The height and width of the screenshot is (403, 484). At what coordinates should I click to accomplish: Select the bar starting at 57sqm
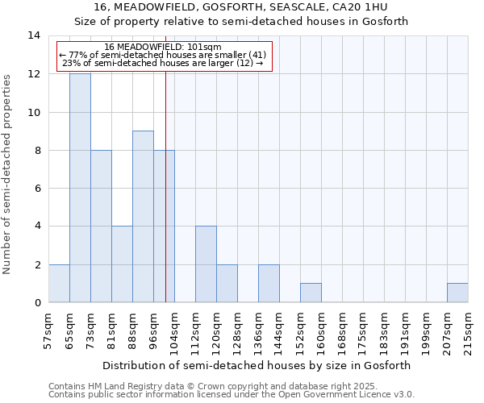tap(59, 283)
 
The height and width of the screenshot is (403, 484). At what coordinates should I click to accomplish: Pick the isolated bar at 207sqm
tap(457, 293)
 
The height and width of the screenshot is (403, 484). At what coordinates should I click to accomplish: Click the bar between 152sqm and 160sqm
tap(311, 293)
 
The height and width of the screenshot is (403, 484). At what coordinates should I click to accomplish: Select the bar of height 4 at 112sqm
tap(206, 264)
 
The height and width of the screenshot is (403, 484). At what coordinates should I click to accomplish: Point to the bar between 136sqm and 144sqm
tap(269, 283)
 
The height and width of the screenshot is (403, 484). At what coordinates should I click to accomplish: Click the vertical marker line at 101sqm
tap(165, 201)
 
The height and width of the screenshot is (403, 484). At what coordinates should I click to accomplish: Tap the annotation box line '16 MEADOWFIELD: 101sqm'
tap(163, 47)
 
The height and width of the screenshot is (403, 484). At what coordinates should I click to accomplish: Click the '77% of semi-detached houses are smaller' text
tap(163, 55)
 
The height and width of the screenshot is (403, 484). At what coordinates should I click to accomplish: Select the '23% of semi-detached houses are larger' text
tap(163, 63)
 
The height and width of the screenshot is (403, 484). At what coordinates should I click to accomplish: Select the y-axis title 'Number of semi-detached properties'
tap(8, 173)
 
